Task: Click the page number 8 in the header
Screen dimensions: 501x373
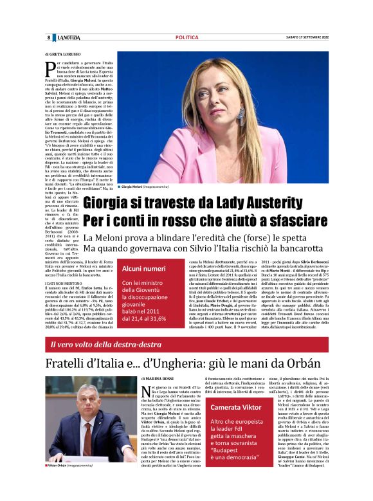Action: pos(48,37)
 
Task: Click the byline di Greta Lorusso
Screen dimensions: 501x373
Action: pos(64,55)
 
